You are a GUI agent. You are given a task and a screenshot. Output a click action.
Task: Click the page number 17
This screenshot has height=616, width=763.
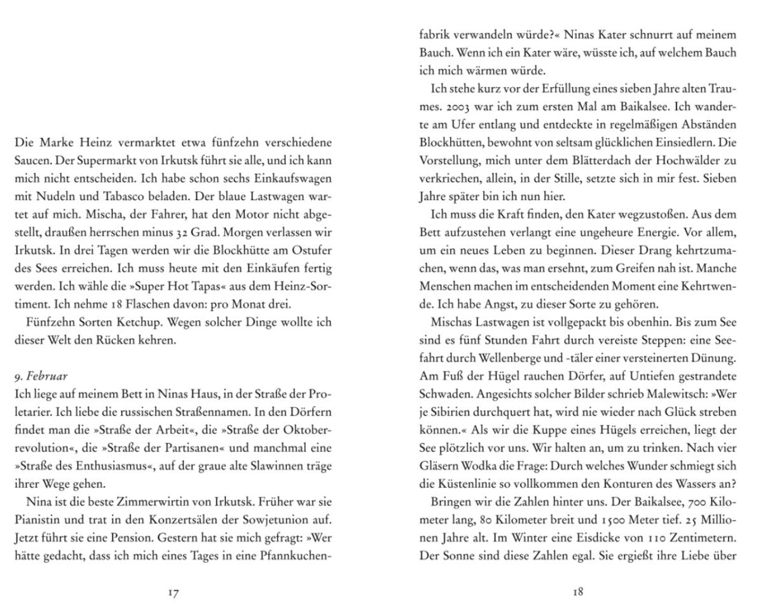click(173, 593)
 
